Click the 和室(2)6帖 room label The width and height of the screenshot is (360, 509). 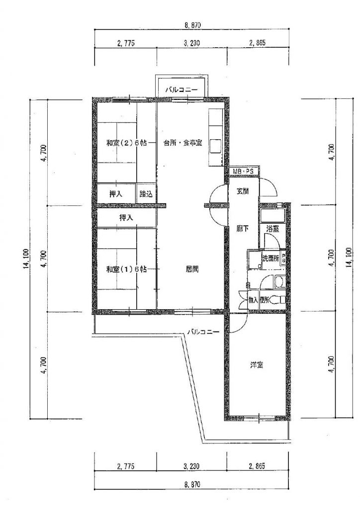click(126, 143)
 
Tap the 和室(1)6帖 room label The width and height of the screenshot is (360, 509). click(126, 269)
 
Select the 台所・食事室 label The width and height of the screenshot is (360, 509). click(183, 143)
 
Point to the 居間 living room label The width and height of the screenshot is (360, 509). click(192, 269)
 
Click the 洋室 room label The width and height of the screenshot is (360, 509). click(257, 365)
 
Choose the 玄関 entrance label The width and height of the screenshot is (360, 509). click(243, 191)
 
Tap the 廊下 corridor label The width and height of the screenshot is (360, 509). click(243, 229)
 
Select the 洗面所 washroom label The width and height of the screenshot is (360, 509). click(270, 258)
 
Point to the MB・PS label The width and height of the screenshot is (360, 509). click(243, 171)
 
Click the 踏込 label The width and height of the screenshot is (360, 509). click(146, 194)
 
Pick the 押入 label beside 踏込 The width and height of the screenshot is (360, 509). click(116, 194)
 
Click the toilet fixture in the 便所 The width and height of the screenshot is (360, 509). click(277, 299)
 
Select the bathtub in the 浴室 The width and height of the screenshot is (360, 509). click(272, 215)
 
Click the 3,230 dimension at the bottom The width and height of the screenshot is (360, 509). click(192, 466)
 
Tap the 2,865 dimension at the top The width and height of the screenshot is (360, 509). click(258, 43)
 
